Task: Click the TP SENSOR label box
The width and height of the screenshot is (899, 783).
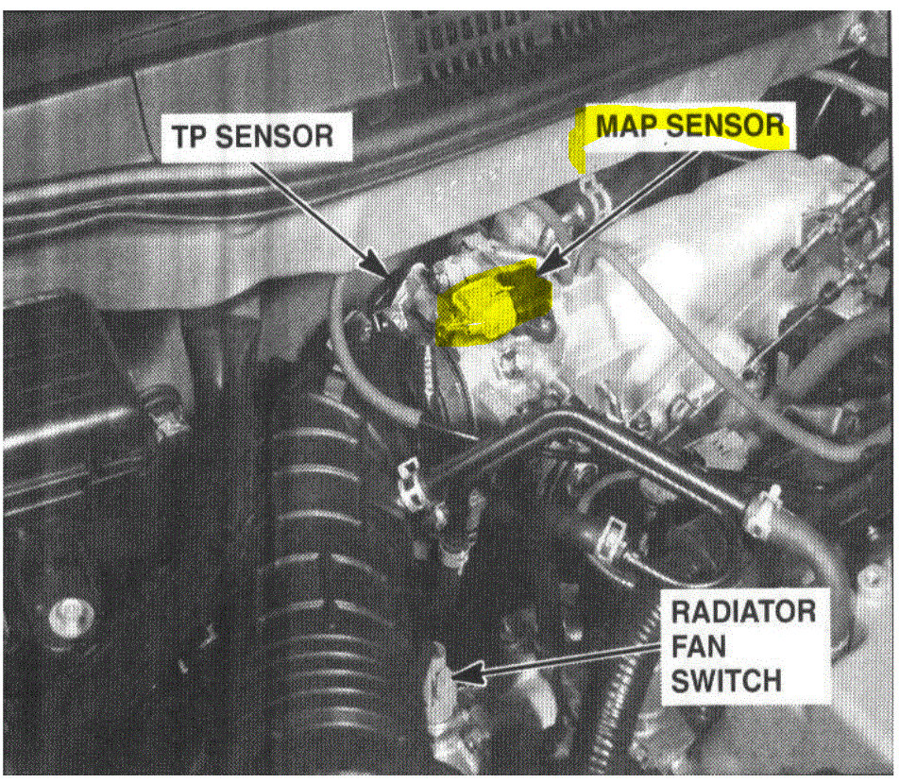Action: click(256, 137)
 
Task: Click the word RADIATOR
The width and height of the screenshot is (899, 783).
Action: click(743, 611)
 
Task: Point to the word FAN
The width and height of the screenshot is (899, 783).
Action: click(699, 646)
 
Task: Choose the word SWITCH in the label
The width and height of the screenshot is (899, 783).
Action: click(726, 682)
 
